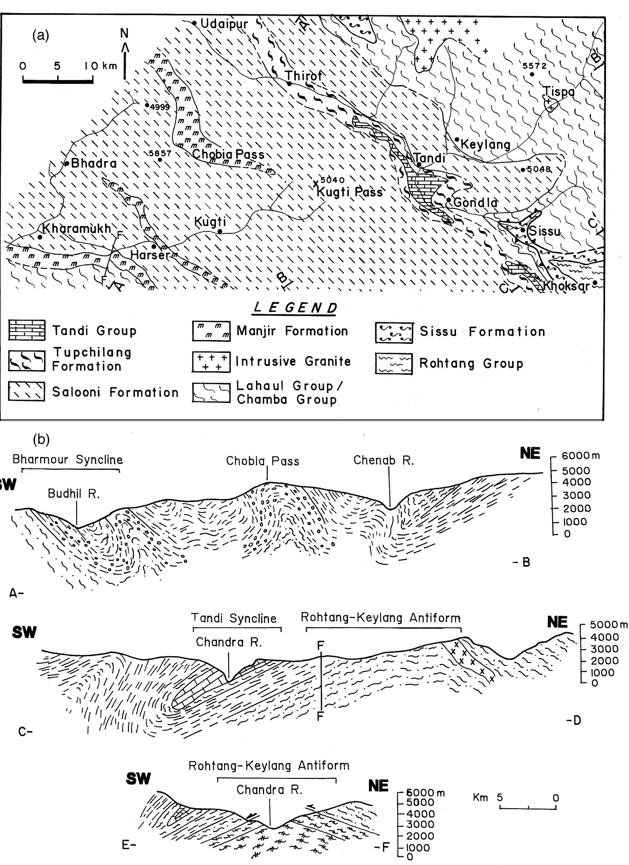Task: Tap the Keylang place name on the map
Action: [x=485, y=145]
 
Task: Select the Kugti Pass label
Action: [x=350, y=192]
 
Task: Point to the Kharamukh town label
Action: [x=76, y=228]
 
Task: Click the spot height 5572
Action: [x=534, y=66]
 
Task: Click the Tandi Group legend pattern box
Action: [x=27, y=330]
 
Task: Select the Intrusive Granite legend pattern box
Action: [x=211, y=362]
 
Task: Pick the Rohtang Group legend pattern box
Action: [x=394, y=364]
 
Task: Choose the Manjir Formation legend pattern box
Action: [x=211, y=331]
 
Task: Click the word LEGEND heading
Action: [x=295, y=307]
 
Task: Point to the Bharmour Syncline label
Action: [x=68, y=459]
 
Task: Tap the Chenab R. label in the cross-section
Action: [x=383, y=460]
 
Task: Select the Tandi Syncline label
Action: [x=234, y=618]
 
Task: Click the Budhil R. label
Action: [x=74, y=494]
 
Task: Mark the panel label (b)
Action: [x=41, y=440]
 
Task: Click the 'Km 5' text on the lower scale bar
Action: [x=488, y=797]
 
